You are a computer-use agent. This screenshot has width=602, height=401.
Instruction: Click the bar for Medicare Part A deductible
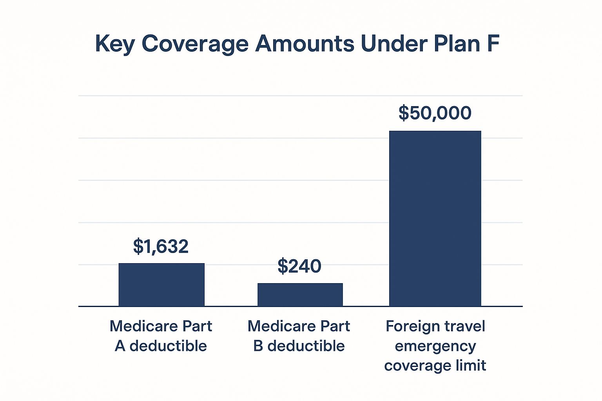161,285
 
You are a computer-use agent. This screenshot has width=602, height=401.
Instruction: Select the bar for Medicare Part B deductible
300,294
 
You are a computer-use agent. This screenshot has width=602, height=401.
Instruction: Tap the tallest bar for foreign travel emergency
435,219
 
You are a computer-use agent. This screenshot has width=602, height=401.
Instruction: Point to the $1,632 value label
161,246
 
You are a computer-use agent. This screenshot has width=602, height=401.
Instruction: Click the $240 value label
299,266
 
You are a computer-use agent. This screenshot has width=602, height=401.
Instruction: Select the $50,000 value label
435,113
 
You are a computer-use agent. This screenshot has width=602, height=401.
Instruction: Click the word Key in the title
114,44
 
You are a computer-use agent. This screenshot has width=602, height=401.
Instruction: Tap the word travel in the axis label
462,326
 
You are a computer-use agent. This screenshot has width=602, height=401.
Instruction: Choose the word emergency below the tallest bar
435,347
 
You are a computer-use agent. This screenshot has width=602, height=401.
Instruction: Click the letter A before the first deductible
120,346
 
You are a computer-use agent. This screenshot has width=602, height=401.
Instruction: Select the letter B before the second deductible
258,346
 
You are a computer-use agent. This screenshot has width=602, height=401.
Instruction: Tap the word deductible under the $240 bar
306,346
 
